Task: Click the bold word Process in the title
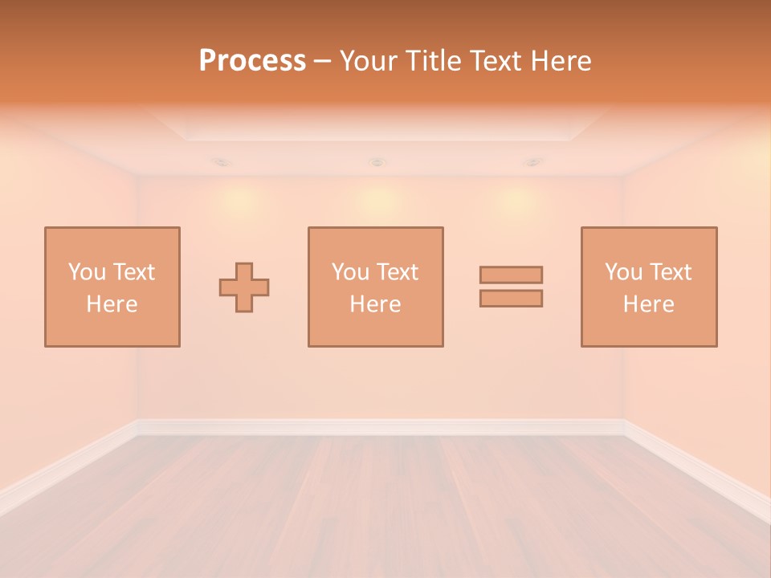252,60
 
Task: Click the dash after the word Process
323,62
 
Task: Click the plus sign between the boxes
244,287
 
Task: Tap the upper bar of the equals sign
511,275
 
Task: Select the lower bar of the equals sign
511,298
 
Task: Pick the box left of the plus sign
112,287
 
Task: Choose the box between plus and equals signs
375,287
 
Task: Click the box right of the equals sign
649,287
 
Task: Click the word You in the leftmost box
87,272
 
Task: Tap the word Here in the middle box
375,304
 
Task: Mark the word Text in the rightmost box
671,272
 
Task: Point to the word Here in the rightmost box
649,304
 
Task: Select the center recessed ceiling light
377,162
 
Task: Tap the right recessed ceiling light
532,162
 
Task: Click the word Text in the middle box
398,272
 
